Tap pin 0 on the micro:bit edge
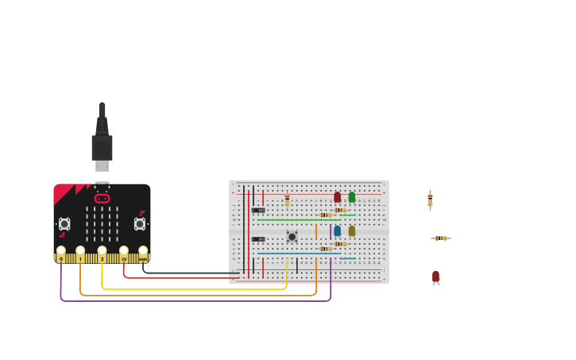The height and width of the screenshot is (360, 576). click(61, 253)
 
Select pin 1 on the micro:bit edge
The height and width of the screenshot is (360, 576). click(80, 253)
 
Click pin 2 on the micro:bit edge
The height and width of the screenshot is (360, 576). click(102, 253)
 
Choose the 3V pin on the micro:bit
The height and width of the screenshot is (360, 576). click(123, 253)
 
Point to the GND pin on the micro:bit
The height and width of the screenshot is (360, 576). click(143, 253)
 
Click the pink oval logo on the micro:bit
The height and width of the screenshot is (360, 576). click(102, 198)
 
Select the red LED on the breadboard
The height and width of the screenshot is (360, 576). click(337, 197)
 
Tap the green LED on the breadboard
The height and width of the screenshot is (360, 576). click(352, 197)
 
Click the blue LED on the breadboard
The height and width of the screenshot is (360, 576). click(337, 230)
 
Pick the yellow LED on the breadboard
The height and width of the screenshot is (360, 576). click(352, 230)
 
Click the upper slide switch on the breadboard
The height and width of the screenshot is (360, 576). click(258, 210)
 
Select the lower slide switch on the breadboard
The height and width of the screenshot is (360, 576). click(258, 239)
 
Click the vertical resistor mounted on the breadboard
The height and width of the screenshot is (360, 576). click(287, 200)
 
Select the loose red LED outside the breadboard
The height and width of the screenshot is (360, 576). click(435, 277)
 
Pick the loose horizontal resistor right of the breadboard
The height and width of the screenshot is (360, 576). click(440, 238)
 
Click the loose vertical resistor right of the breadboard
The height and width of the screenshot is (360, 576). click(430, 199)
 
